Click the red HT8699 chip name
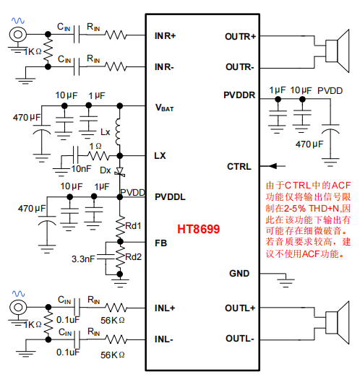[x=199, y=229]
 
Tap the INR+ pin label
[x=165, y=36]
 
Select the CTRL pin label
[x=239, y=166]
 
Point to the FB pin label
[x=160, y=243]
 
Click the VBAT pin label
[x=165, y=108]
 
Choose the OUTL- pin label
[x=240, y=339]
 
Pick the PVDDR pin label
[x=239, y=95]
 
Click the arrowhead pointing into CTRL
[x=273, y=166]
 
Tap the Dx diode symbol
[x=119, y=172]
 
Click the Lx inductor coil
[x=118, y=131]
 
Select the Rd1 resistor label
[x=133, y=226]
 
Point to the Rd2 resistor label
[x=134, y=257]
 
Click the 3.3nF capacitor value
[x=83, y=259]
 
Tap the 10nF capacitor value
[x=81, y=169]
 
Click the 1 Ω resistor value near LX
[x=95, y=146]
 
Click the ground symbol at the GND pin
[x=286, y=282]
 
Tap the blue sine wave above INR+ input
[x=18, y=21]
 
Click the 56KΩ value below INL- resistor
[x=113, y=355]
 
